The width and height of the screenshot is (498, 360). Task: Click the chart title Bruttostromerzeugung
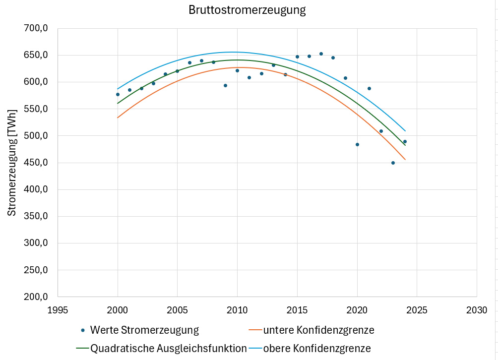(x=247, y=10)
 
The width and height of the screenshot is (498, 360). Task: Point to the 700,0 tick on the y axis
(x=36, y=28)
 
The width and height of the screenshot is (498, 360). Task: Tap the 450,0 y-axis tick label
(x=36, y=163)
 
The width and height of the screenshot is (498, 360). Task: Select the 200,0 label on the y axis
(x=36, y=297)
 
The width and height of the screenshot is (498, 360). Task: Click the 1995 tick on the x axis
(x=58, y=310)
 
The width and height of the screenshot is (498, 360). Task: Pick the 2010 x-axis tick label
(x=237, y=310)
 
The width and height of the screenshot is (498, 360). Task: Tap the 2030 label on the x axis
(x=476, y=310)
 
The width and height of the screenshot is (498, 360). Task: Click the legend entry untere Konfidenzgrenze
(x=318, y=330)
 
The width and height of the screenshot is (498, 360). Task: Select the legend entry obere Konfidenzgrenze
(x=317, y=348)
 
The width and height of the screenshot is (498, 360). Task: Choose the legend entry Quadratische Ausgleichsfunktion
(x=168, y=348)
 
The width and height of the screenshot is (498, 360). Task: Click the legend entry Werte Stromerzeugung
(x=144, y=330)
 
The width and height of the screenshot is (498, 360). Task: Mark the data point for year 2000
(x=118, y=94)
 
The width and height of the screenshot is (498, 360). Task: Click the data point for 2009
(x=225, y=85)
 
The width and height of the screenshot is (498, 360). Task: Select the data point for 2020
(x=357, y=144)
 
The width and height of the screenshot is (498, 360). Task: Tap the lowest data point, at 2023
(x=393, y=163)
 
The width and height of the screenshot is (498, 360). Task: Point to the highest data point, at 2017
(x=321, y=54)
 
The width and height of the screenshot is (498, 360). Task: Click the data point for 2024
(x=405, y=141)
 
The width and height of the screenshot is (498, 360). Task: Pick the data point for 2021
(x=369, y=88)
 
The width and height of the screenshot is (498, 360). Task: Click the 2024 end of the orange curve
(x=405, y=159)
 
